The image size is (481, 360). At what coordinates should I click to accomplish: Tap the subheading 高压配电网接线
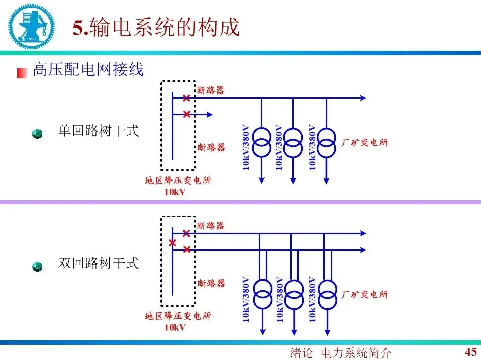[88, 69]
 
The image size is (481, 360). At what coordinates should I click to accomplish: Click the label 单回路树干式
[99, 131]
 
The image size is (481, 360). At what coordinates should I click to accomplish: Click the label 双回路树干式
[99, 263]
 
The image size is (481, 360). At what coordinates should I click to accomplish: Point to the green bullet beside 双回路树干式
[37, 266]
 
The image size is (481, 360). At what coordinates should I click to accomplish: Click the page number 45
[471, 351]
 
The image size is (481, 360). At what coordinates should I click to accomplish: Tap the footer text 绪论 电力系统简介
[340, 352]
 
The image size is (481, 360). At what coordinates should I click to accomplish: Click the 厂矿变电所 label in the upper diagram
[365, 143]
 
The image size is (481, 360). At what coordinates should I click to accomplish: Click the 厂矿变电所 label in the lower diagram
[365, 294]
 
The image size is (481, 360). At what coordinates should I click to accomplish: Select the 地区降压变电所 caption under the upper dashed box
[177, 181]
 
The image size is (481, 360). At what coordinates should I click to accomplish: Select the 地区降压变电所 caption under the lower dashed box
[177, 316]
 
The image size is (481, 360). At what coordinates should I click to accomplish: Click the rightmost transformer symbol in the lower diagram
[327, 294]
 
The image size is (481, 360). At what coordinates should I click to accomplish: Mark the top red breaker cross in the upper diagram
[186, 98]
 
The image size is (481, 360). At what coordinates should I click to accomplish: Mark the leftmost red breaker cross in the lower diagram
[172, 243]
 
